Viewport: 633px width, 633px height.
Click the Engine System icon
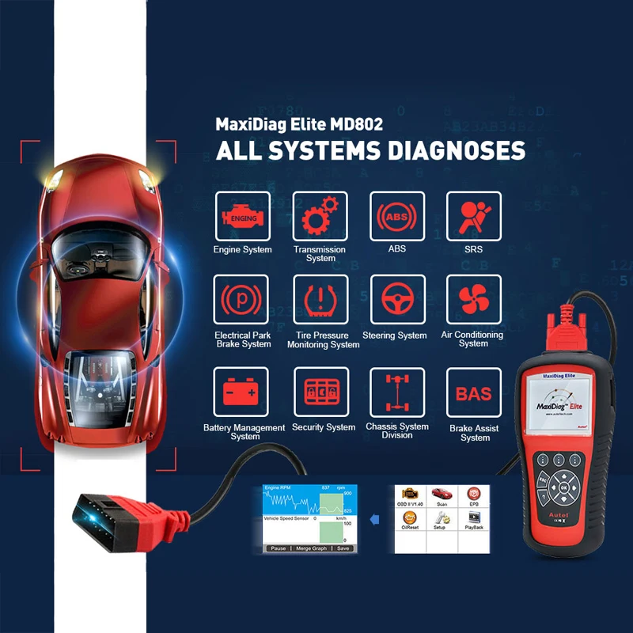click(x=241, y=216)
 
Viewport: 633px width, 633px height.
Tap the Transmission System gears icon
click(x=320, y=216)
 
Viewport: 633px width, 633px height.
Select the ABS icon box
click(x=396, y=216)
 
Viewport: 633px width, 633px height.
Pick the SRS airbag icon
click(x=474, y=216)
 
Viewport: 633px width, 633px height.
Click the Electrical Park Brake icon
click(x=241, y=301)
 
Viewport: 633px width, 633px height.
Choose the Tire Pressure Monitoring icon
click(x=320, y=301)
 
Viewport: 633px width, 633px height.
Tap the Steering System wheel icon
click(x=396, y=301)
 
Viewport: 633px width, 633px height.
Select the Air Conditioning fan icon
click(x=474, y=301)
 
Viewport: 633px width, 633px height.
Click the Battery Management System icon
click(x=241, y=393)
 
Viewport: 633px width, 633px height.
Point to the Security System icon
click(x=320, y=393)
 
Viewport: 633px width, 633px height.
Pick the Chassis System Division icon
click(x=396, y=393)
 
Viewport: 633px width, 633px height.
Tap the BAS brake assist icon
click(x=474, y=393)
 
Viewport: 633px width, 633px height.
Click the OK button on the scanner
click(x=563, y=488)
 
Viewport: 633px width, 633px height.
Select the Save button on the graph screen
click(x=343, y=548)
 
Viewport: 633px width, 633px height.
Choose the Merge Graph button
click(x=311, y=548)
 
